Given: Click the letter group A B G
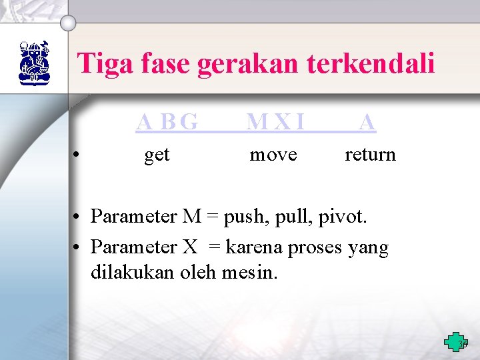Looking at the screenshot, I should click(x=167, y=122).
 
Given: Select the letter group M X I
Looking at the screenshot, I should click(x=275, y=122).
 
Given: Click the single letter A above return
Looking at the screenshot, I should click(x=367, y=122).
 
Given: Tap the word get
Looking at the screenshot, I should click(x=157, y=155).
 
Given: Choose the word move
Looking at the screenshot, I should click(x=273, y=155).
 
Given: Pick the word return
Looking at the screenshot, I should click(x=370, y=155).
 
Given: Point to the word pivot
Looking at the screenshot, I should click(x=344, y=217).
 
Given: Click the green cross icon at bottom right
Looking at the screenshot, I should click(x=456, y=342).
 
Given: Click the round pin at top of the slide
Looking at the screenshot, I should click(x=68, y=23).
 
